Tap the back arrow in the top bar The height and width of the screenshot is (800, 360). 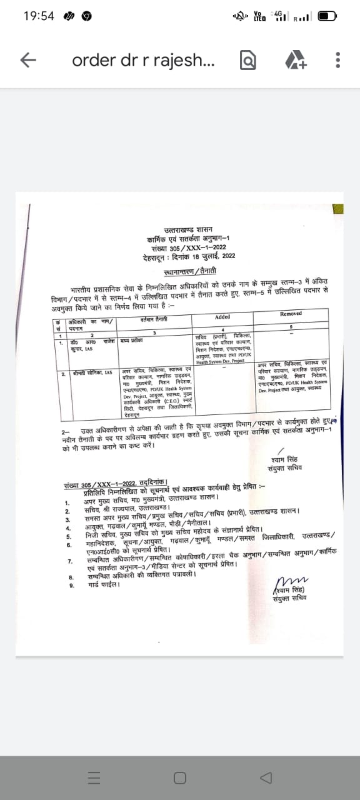tap(28, 60)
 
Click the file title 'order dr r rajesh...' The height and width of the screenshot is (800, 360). tap(144, 60)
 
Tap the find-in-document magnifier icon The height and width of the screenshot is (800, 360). tap(247, 60)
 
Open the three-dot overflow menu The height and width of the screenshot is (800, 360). tap(337, 60)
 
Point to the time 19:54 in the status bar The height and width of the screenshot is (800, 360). tap(39, 16)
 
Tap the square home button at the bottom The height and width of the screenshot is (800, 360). tap(180, 777)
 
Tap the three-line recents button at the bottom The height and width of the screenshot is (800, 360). tap(94, 777)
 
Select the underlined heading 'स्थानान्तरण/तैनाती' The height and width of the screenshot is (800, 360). tap(189, 271)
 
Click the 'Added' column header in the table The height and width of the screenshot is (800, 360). tap(222, 317)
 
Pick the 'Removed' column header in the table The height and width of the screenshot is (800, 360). tap(291, 314)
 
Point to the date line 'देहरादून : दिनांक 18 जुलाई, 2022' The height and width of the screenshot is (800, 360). tap(189, 255)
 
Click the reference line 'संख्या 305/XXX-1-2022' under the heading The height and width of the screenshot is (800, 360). tap(189, 247)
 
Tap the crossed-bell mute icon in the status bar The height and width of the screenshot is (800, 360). tap(239, 16)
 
